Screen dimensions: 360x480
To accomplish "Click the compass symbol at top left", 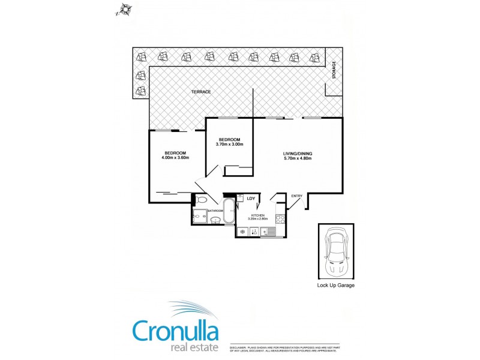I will click(x=125, y=9).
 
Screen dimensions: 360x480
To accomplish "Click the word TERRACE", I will click(x=201, y=92).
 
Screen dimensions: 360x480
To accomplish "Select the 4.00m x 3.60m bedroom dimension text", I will click(x=176, y=158).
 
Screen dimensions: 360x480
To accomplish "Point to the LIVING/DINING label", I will click(x=298, y=154).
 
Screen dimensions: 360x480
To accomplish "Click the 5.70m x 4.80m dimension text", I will click(x=298, y=159).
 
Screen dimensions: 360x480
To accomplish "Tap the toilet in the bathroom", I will click(x=201, y=200).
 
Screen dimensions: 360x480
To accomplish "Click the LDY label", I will click(x=251, y=198).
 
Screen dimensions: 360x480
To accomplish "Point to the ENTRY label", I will click(x=296, y=196).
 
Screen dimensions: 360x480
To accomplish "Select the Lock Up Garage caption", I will click(x=335, y=286).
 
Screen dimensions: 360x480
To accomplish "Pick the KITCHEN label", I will click(x=258, y=215).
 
